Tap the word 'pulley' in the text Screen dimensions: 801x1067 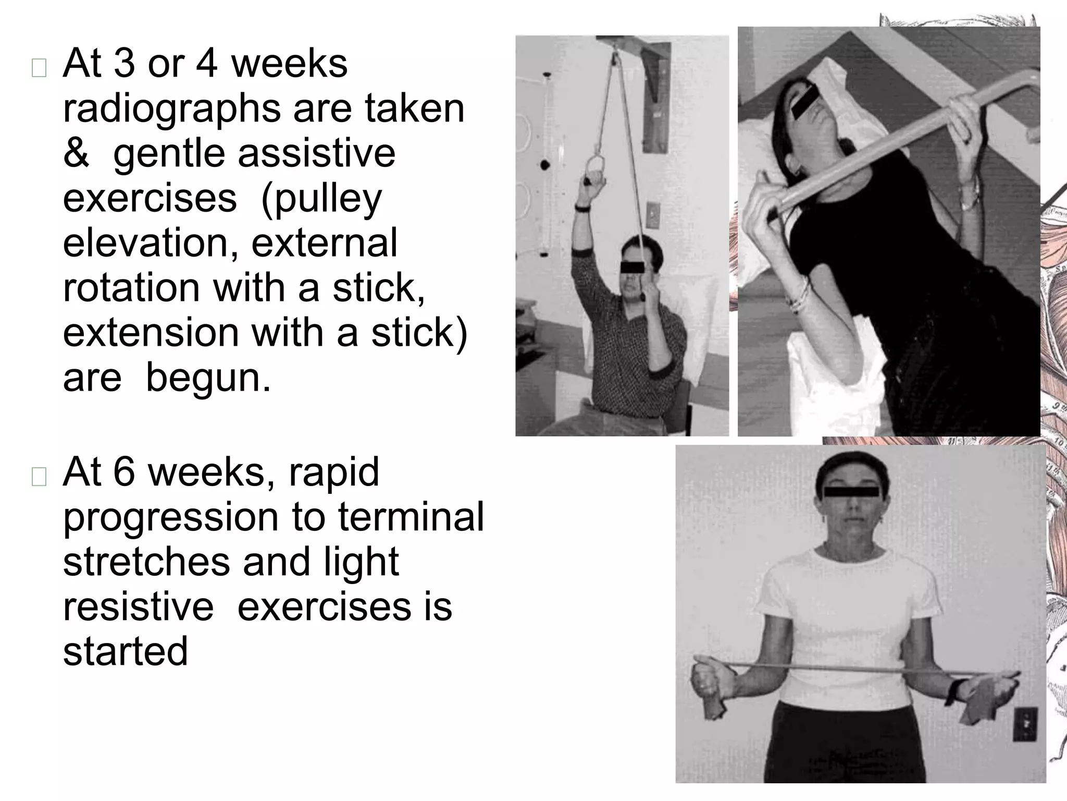pyautogui.click(x=321, y=199)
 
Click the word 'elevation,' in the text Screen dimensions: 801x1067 pyautogui.click(x=151, y=243)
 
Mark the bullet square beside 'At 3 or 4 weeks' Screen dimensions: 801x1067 pyautogui.click(x=39, y=68)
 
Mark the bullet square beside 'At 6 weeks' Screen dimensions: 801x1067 pyautogui.click(x=39, y=477)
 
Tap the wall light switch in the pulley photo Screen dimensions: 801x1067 pyautogui.click(x=652, y=214)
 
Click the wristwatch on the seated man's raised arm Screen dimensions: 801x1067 pyautogui.click(x=582, y=208)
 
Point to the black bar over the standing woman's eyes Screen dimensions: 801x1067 pyautogui.click(x=851, y=491)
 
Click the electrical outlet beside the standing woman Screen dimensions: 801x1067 pyautogui.click(x=1024, y=724)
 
